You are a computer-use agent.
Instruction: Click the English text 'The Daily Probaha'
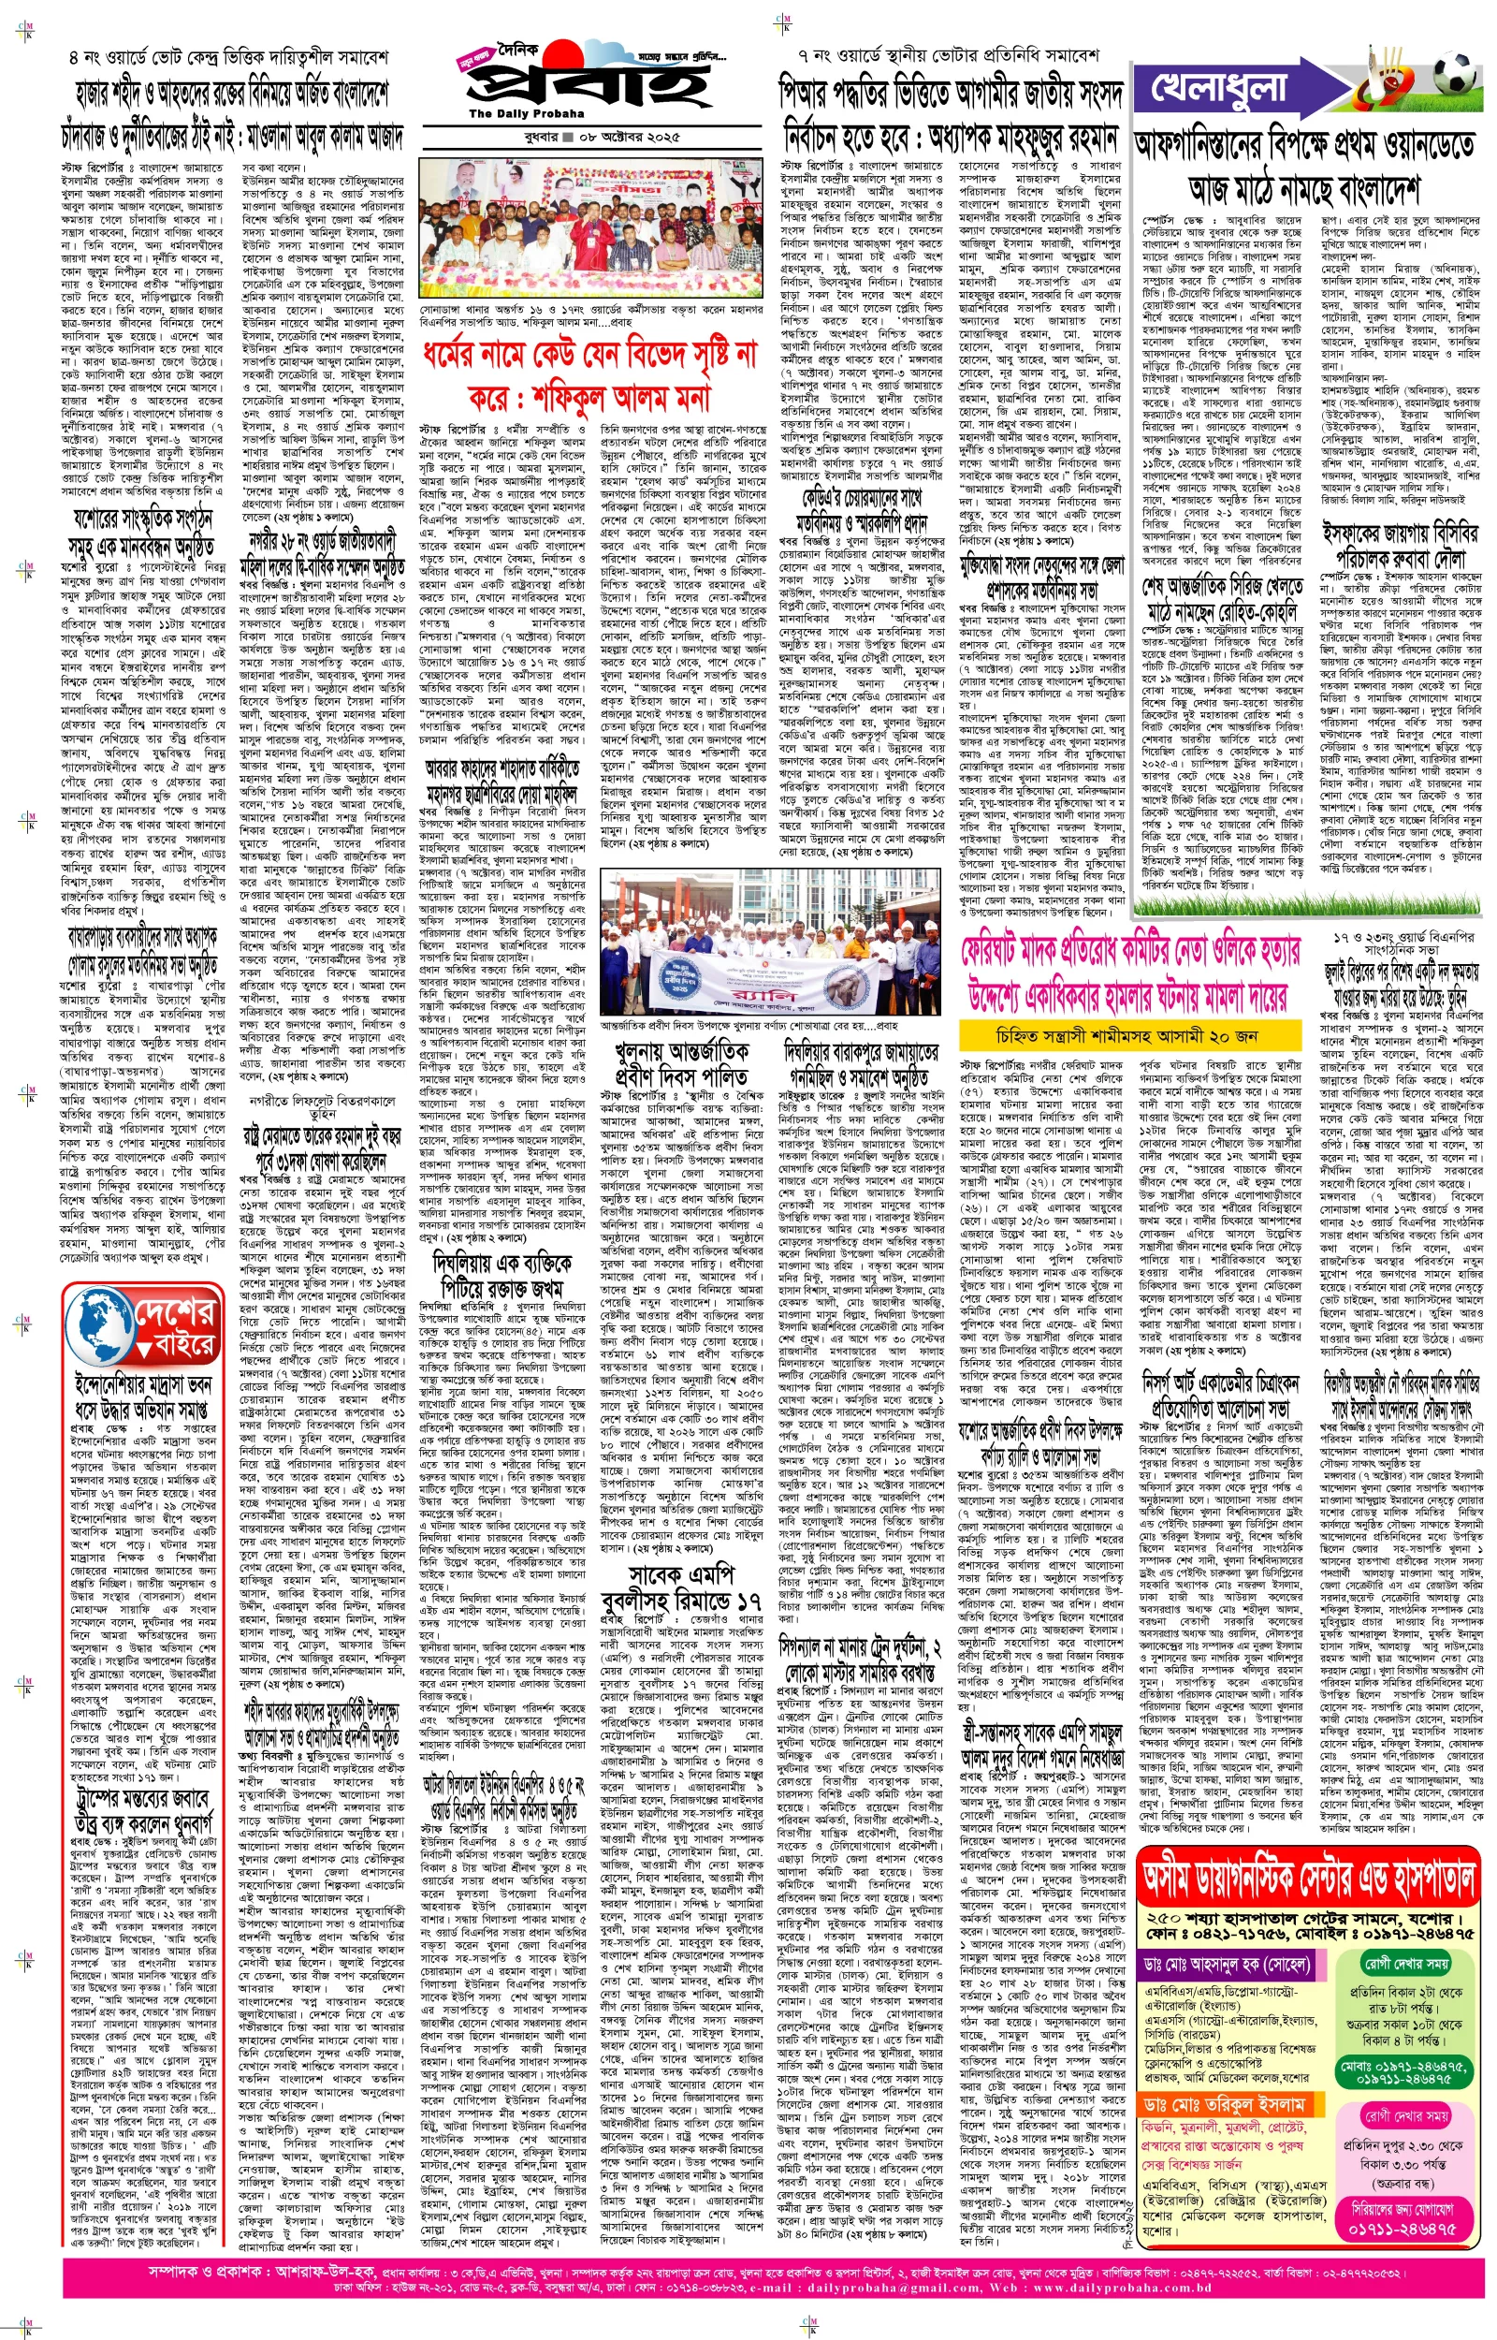528,114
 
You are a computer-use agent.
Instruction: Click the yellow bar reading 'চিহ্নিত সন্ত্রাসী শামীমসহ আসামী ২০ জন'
1126,1036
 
